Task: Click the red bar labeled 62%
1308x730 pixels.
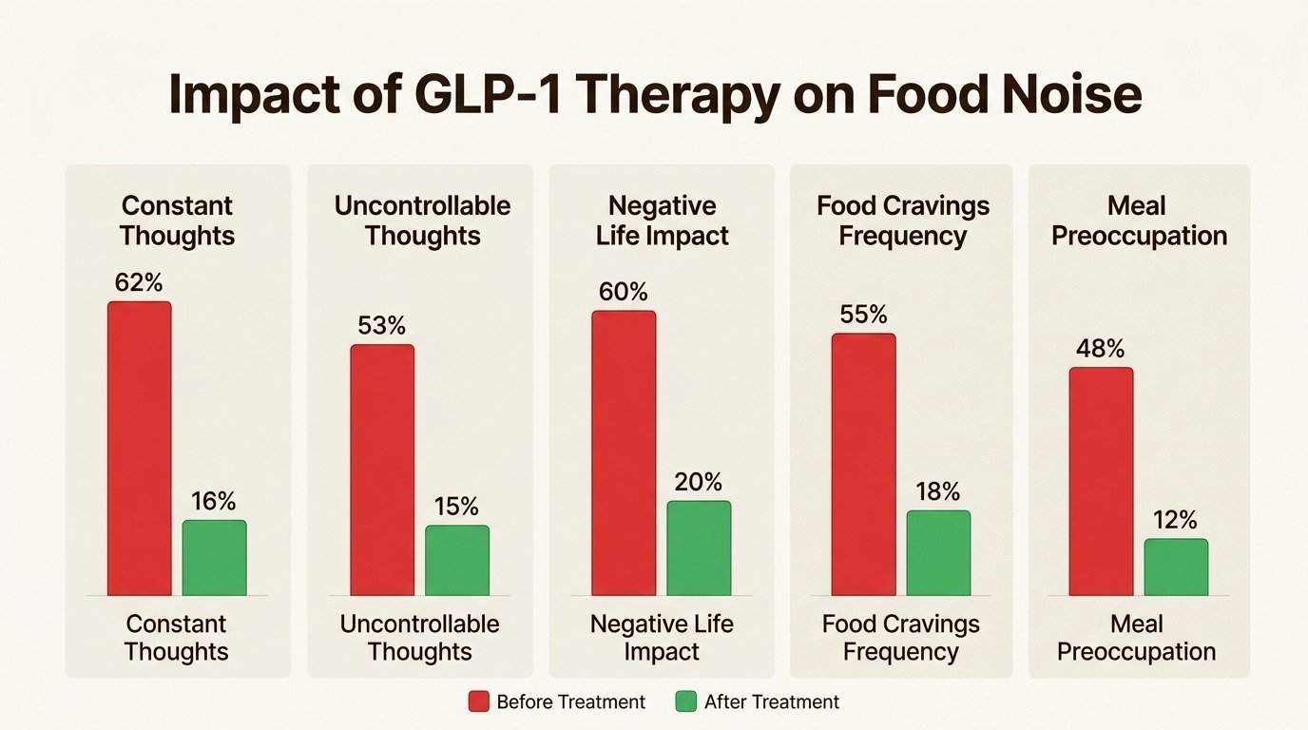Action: [x=139, y=449]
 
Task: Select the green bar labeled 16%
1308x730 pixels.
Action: [x=214, y=558]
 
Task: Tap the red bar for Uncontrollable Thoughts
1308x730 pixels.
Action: [x=382, y=470]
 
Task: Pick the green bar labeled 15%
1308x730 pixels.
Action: [x=457, y=561]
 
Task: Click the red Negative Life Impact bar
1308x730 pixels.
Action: [x=624, y=453]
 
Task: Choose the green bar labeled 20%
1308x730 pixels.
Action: [x=699, y=548]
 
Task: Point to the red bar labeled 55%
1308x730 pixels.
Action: [x=863, y=465]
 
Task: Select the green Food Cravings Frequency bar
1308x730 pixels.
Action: [x=938, y=553]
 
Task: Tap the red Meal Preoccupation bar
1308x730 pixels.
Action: [x=1101, y=482]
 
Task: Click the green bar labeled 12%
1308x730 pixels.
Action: [x=1176, y=567]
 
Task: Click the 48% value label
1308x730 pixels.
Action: [x=1101, y=349]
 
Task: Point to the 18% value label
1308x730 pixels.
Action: [x=938, y=491]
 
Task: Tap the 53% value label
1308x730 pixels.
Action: [x=382, y=325]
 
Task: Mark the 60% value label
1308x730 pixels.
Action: [x=624, y=292]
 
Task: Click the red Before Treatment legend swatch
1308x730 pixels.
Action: [x=480, y=702]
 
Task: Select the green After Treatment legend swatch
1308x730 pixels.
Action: [x=686, y=702]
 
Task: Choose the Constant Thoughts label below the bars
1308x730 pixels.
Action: [x=177, y=638]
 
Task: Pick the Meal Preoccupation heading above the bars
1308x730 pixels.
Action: [x=1139, y=221]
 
